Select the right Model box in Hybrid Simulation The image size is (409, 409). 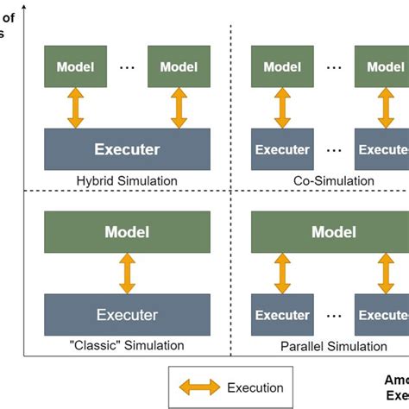(179, 66)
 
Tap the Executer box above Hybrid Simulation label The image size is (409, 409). (126, 149)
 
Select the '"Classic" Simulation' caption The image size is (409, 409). (127, 345)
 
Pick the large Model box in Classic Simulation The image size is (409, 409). (126, 232)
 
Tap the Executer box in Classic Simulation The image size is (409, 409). (126, 315)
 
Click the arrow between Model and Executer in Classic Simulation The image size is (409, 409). (127, 274)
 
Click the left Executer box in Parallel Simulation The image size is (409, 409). (281, 315)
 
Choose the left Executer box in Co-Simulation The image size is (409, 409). (281, 149)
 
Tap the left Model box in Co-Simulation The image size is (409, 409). (281, 66)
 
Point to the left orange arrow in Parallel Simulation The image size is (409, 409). (282, 274)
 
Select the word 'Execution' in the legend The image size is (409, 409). (254, 387)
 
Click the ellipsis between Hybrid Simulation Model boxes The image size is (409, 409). (127, 67)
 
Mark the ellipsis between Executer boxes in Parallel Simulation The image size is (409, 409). (334, 316)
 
